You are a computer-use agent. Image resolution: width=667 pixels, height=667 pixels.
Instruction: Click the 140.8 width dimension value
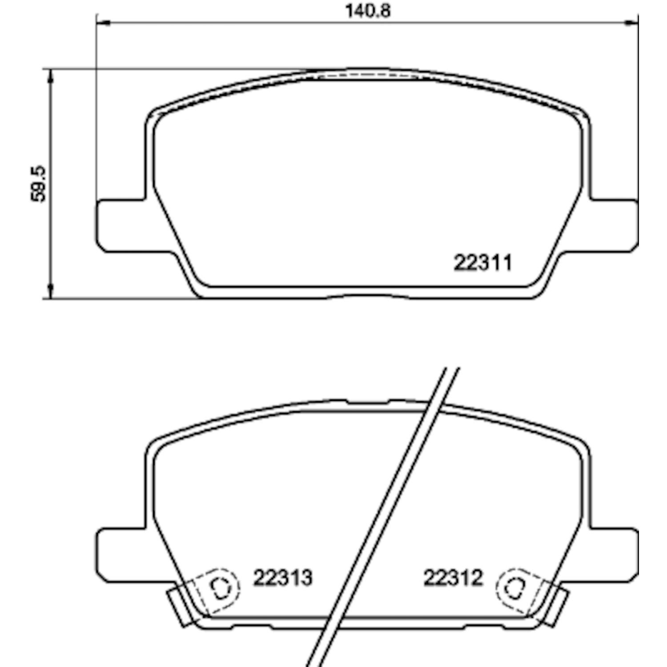click(x=368, y=11)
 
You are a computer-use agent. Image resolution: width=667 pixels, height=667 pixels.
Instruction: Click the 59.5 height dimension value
click(x=39, y=184)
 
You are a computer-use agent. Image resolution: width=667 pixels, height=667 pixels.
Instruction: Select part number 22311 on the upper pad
click(x=483, y=263)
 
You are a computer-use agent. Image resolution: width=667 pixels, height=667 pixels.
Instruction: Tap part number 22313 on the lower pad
click(x=283, y=578)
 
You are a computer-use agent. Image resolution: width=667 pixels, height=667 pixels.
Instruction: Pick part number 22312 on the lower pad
click(x=453, y=578)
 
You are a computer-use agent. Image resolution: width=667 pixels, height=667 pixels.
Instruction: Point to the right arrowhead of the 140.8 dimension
click(x=632, y=21)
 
